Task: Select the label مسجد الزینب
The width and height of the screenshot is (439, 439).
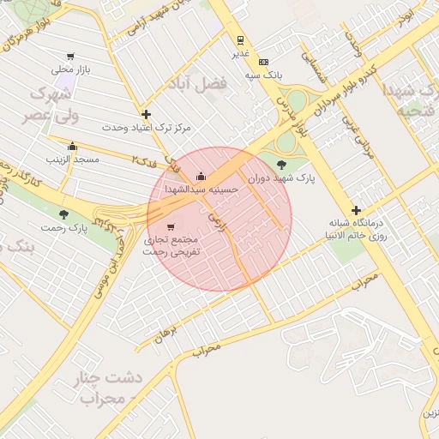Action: pyautogui.click(x=75, y=159)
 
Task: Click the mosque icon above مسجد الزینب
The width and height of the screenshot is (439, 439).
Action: pyautogui.click(x=72, y=146)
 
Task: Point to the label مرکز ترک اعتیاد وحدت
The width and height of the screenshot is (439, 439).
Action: pyautogui.click(x=147, y=128)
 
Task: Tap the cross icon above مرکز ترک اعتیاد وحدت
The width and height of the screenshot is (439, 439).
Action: pyautogui.click(x=147, y=114)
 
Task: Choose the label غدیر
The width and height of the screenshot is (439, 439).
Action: pyautogui.click(x=240, y=54)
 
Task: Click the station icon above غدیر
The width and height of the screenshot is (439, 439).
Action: pyautogui.click(x=240, y=40)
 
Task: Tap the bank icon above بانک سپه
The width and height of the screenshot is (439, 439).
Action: pyautogui.click(x=263, y=62)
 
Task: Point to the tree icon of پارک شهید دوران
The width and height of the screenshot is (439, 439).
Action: pyautogui.click(x=281, y=165)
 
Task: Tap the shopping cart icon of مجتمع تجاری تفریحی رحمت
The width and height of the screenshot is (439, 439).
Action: pyautogui.click(x=170, y=227)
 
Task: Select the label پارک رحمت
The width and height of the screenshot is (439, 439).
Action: pyautogui.click(x=63, y=228)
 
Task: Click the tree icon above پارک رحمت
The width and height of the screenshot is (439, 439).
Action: pyautogui.click(x=63, y=214)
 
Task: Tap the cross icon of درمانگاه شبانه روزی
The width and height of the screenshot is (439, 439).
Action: pyautogui.click(x=356, y=211)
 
